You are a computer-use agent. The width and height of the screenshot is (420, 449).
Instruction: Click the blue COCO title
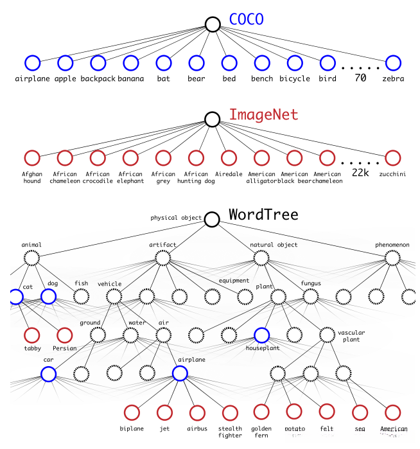pos(247,19)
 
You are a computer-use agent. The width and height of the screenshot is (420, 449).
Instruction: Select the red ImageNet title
pos(263,115)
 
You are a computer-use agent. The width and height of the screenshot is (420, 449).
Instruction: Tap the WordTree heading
pos(263,214)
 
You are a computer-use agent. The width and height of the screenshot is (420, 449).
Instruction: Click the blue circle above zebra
pos(392,63)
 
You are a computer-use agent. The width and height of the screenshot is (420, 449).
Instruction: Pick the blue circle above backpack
pos(98,63)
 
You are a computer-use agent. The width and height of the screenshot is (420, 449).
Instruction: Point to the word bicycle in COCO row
pos(294,79)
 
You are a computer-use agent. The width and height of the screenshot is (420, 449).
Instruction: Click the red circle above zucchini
pos(392,157)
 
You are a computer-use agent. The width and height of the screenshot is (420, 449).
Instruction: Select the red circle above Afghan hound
pos(31,157)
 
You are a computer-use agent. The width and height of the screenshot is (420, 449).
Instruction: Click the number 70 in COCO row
pos(360,78)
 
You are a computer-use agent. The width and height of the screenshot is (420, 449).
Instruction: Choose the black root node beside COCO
pos(213,24)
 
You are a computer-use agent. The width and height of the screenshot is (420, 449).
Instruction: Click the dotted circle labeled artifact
pos(162,258)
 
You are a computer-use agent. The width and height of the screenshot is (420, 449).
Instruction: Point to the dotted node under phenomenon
pos(392,258)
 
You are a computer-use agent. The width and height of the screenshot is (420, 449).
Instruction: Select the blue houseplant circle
pos(261,334)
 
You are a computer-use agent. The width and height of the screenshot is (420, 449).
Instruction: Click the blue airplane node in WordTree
pos(180,373)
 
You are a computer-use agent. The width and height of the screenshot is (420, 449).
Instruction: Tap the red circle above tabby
pos(31,335)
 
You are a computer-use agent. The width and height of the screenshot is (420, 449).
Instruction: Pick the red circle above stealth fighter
pos(229,412)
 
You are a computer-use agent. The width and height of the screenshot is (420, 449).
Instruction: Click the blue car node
pos(48,373)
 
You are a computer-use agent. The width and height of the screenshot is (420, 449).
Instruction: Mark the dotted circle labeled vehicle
pos(114,296)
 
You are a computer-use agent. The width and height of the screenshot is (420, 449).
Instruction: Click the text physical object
pos(176,218)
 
